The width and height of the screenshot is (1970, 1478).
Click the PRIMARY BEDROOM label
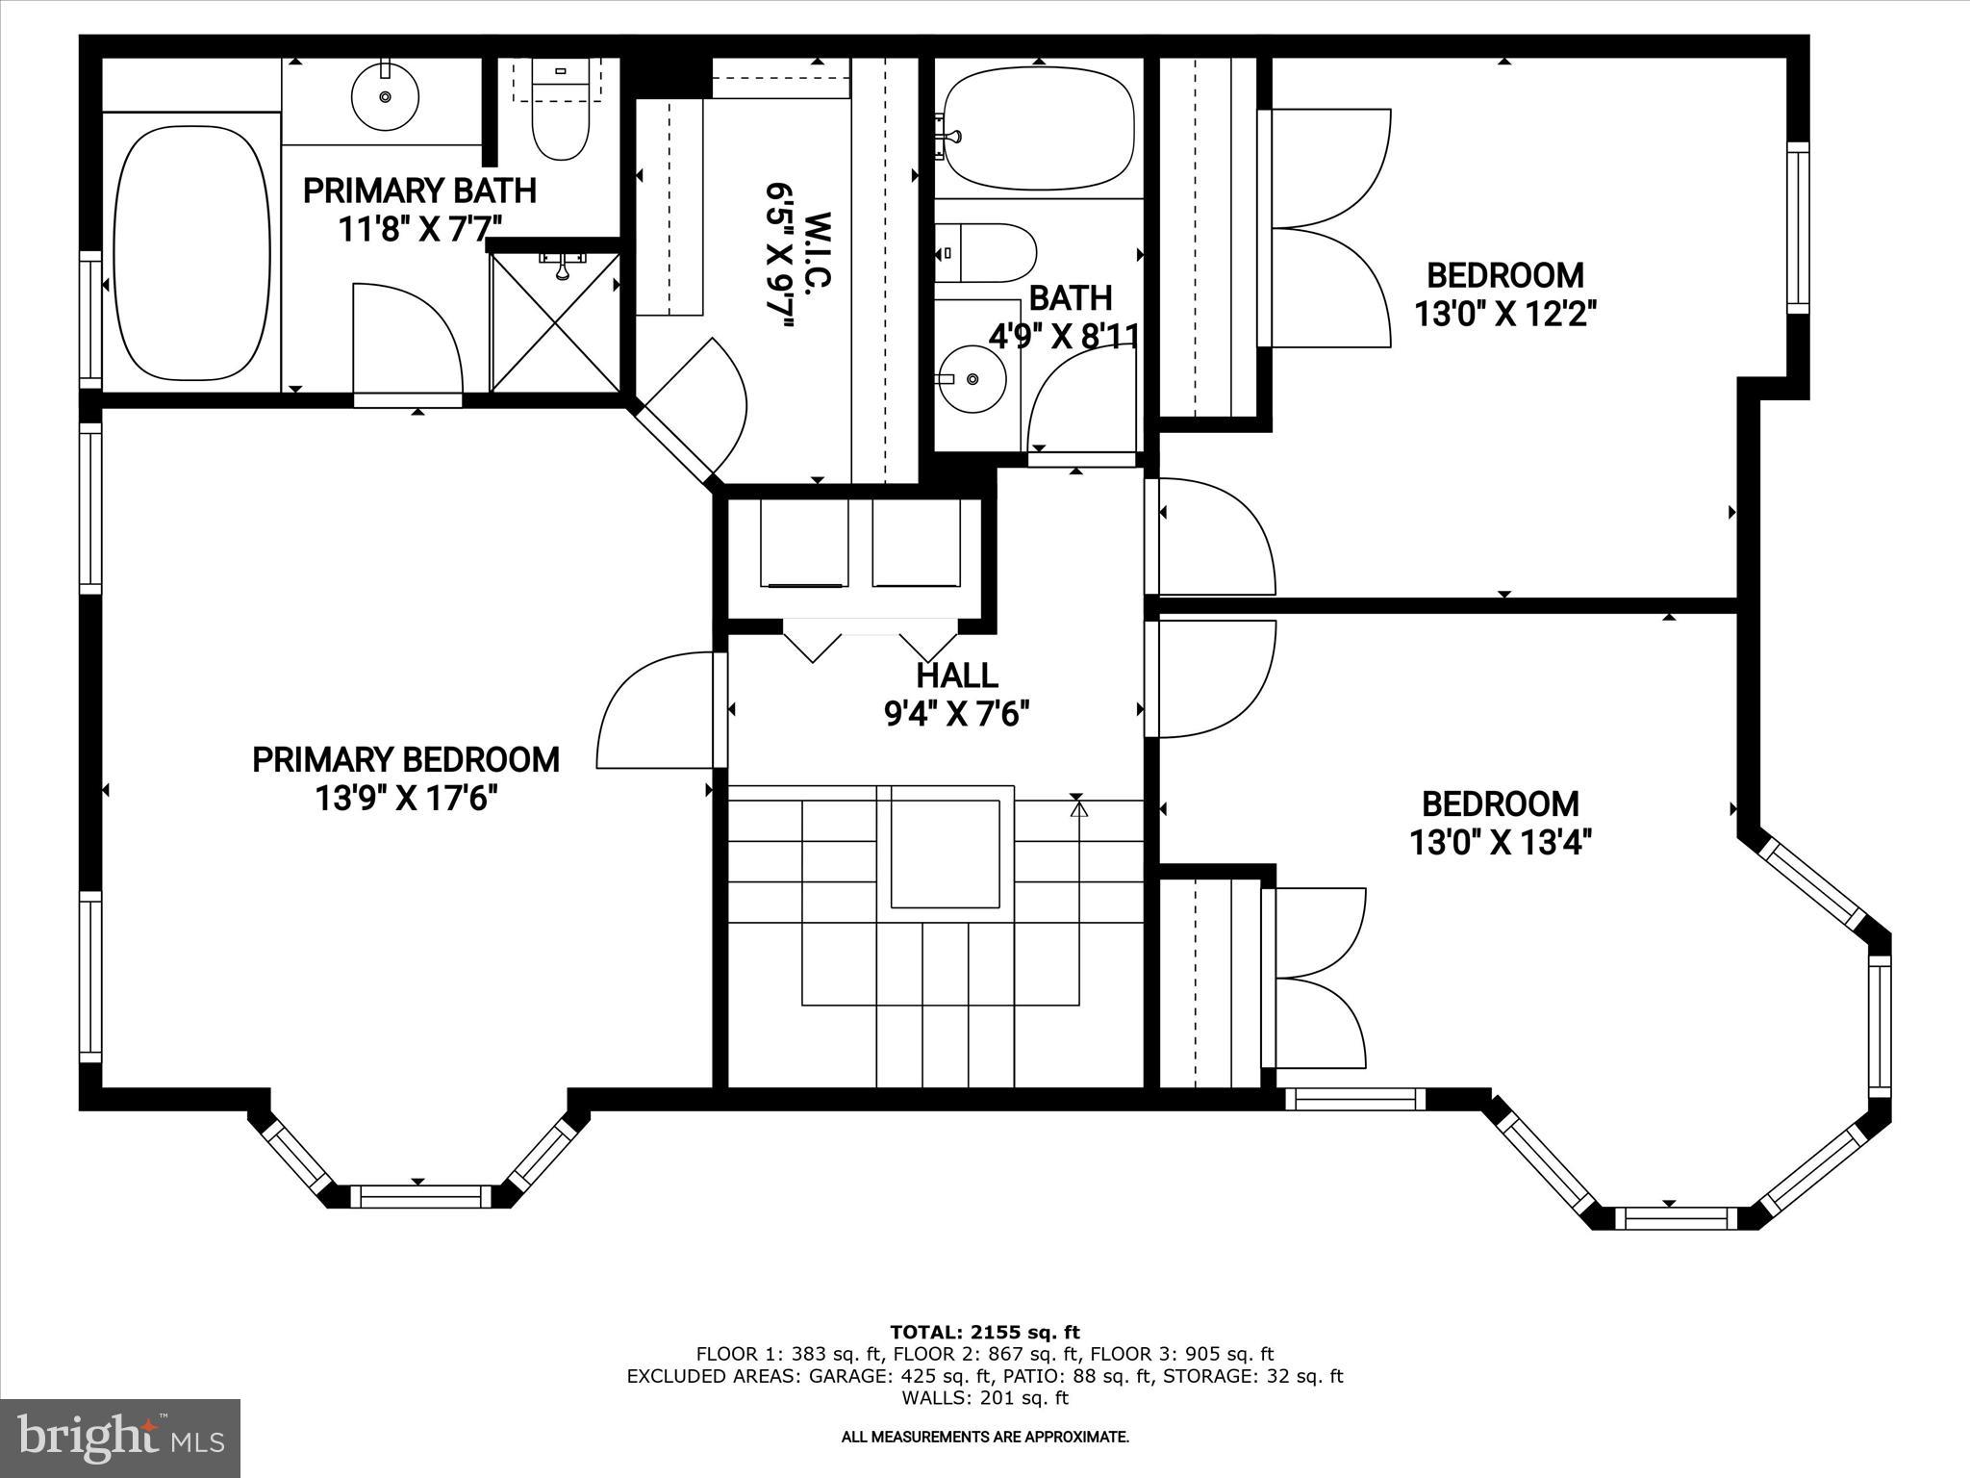click(405, 760)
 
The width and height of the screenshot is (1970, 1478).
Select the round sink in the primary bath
click(385, 97)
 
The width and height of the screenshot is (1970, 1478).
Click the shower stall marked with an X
click(555, 321)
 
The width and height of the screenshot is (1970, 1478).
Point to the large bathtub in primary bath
click(191, 253)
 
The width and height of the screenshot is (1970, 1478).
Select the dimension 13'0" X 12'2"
click(1504, 314)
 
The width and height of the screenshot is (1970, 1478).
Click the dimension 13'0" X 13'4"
click(1501, 843)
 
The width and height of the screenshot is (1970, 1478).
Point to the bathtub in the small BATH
click(1038, 128)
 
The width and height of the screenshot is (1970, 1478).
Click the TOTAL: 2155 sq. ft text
click(984, 1333)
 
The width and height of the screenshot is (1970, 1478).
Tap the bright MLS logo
click(120, 1439)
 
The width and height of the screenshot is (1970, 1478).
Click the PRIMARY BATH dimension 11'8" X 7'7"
click(419, 229)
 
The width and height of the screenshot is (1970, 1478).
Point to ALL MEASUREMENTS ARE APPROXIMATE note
click(984, 1438)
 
